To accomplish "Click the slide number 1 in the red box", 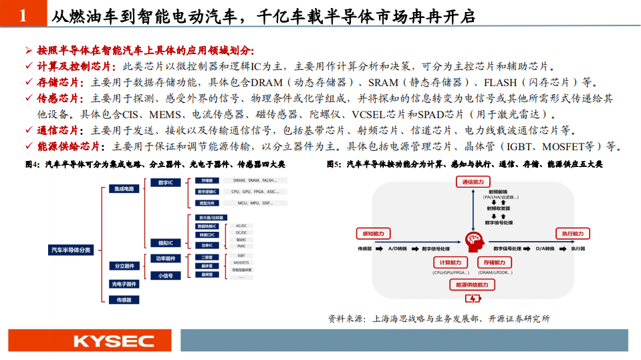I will (x=23, y=15).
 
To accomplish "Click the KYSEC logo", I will (x=114, y=341).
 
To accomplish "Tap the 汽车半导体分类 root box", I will (x=72, y=249).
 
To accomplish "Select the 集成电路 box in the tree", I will (x=125, y=189).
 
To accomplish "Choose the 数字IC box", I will (x=163, y=182).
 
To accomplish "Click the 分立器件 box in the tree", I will (x=125, y=266).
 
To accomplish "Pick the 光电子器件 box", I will (x=125, y=284).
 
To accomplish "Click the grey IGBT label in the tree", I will (x=241, y=255).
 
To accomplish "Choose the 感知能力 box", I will (x=373, y=234).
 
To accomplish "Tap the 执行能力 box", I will (x=572, y=234).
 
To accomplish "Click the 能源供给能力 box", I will (x=473, y=285).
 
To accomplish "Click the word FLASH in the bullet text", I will (x=501, y=83).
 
